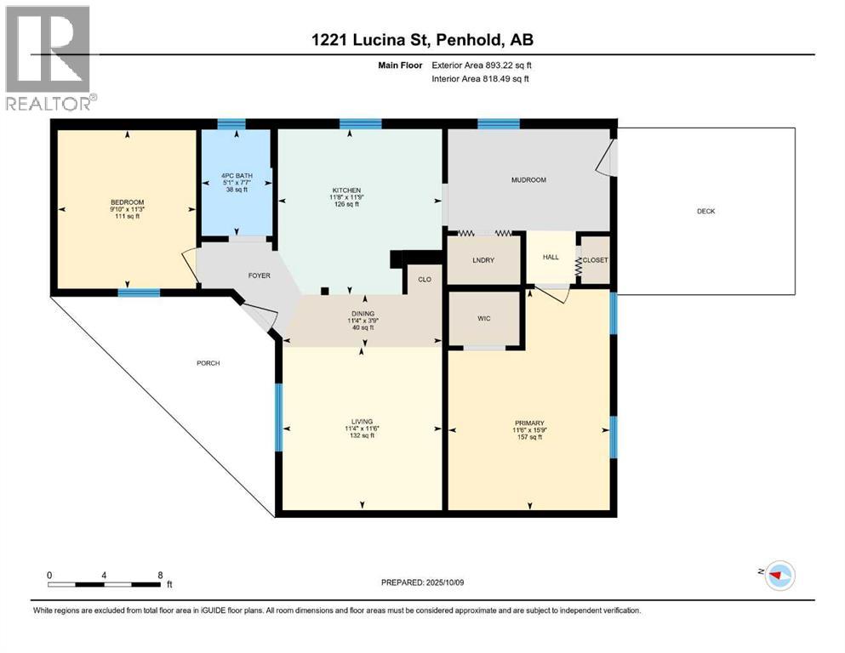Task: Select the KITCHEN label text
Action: click(x=346, y=190)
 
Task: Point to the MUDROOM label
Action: click(x=528, y=180)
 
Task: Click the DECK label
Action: click(x=705, y=211)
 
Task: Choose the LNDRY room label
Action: click(x=483, y=260)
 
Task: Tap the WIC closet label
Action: click(x=483, y=318)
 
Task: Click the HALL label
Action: click(x=551, y=258)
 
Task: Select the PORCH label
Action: click(x=208, y=363)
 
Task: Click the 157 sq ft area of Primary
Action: click(x=528, y=438)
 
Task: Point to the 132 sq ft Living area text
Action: click(x=363, y=435)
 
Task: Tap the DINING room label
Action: click(x=363, y=312)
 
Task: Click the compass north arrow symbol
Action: click(x=778, y=576)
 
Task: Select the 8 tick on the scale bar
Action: click(x=160, y=575)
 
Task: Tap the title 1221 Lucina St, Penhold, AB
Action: click(x=422, y=39)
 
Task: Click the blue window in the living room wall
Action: click(x=277, y=417)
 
